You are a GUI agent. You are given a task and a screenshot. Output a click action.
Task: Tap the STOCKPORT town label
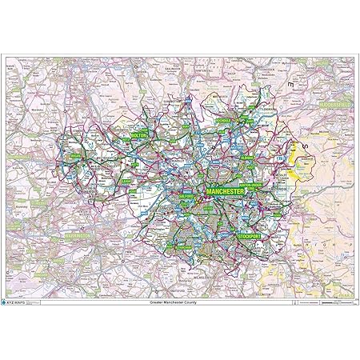point(254,236)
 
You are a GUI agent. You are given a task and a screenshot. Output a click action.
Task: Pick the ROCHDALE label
point(226,118)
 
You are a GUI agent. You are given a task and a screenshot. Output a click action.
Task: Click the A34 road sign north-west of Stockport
point(228,220)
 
